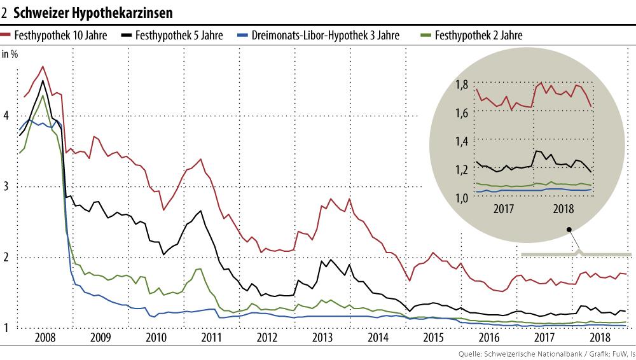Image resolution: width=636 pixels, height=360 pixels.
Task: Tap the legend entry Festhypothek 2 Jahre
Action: coord(479,36)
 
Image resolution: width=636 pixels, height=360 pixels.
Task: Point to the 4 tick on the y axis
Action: coord(6,115)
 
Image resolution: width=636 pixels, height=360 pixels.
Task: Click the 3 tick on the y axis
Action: coord(6,186)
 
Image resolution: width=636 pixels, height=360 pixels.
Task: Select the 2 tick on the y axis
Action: coord(6,257)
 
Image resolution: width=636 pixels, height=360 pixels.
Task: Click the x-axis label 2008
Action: coord(44,337)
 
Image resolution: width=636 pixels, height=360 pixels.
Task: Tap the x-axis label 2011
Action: coord(211,337)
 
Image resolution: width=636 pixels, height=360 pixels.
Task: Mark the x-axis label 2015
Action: coord(434,337)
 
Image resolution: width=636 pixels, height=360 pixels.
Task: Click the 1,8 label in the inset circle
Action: coord(462,85)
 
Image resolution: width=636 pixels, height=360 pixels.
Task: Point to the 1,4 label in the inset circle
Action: coord(462,141)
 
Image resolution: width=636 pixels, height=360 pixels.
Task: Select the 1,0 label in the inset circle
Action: coord(462,198)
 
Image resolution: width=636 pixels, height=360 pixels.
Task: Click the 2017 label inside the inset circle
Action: coord(504,209)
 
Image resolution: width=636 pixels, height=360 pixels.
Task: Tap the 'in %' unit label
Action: coord(10,54)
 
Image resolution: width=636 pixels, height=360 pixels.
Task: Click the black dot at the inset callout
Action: coord(569,229)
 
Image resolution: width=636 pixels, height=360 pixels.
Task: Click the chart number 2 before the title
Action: coord(5,13)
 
